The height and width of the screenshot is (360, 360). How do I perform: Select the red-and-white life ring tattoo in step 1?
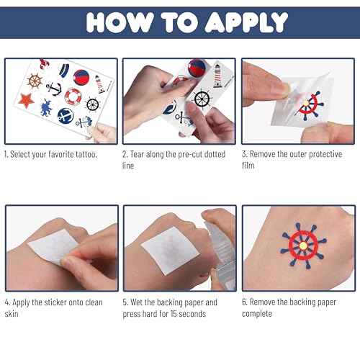click(74, 96)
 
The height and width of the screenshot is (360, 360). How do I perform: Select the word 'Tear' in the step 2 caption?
click(143, 155)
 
